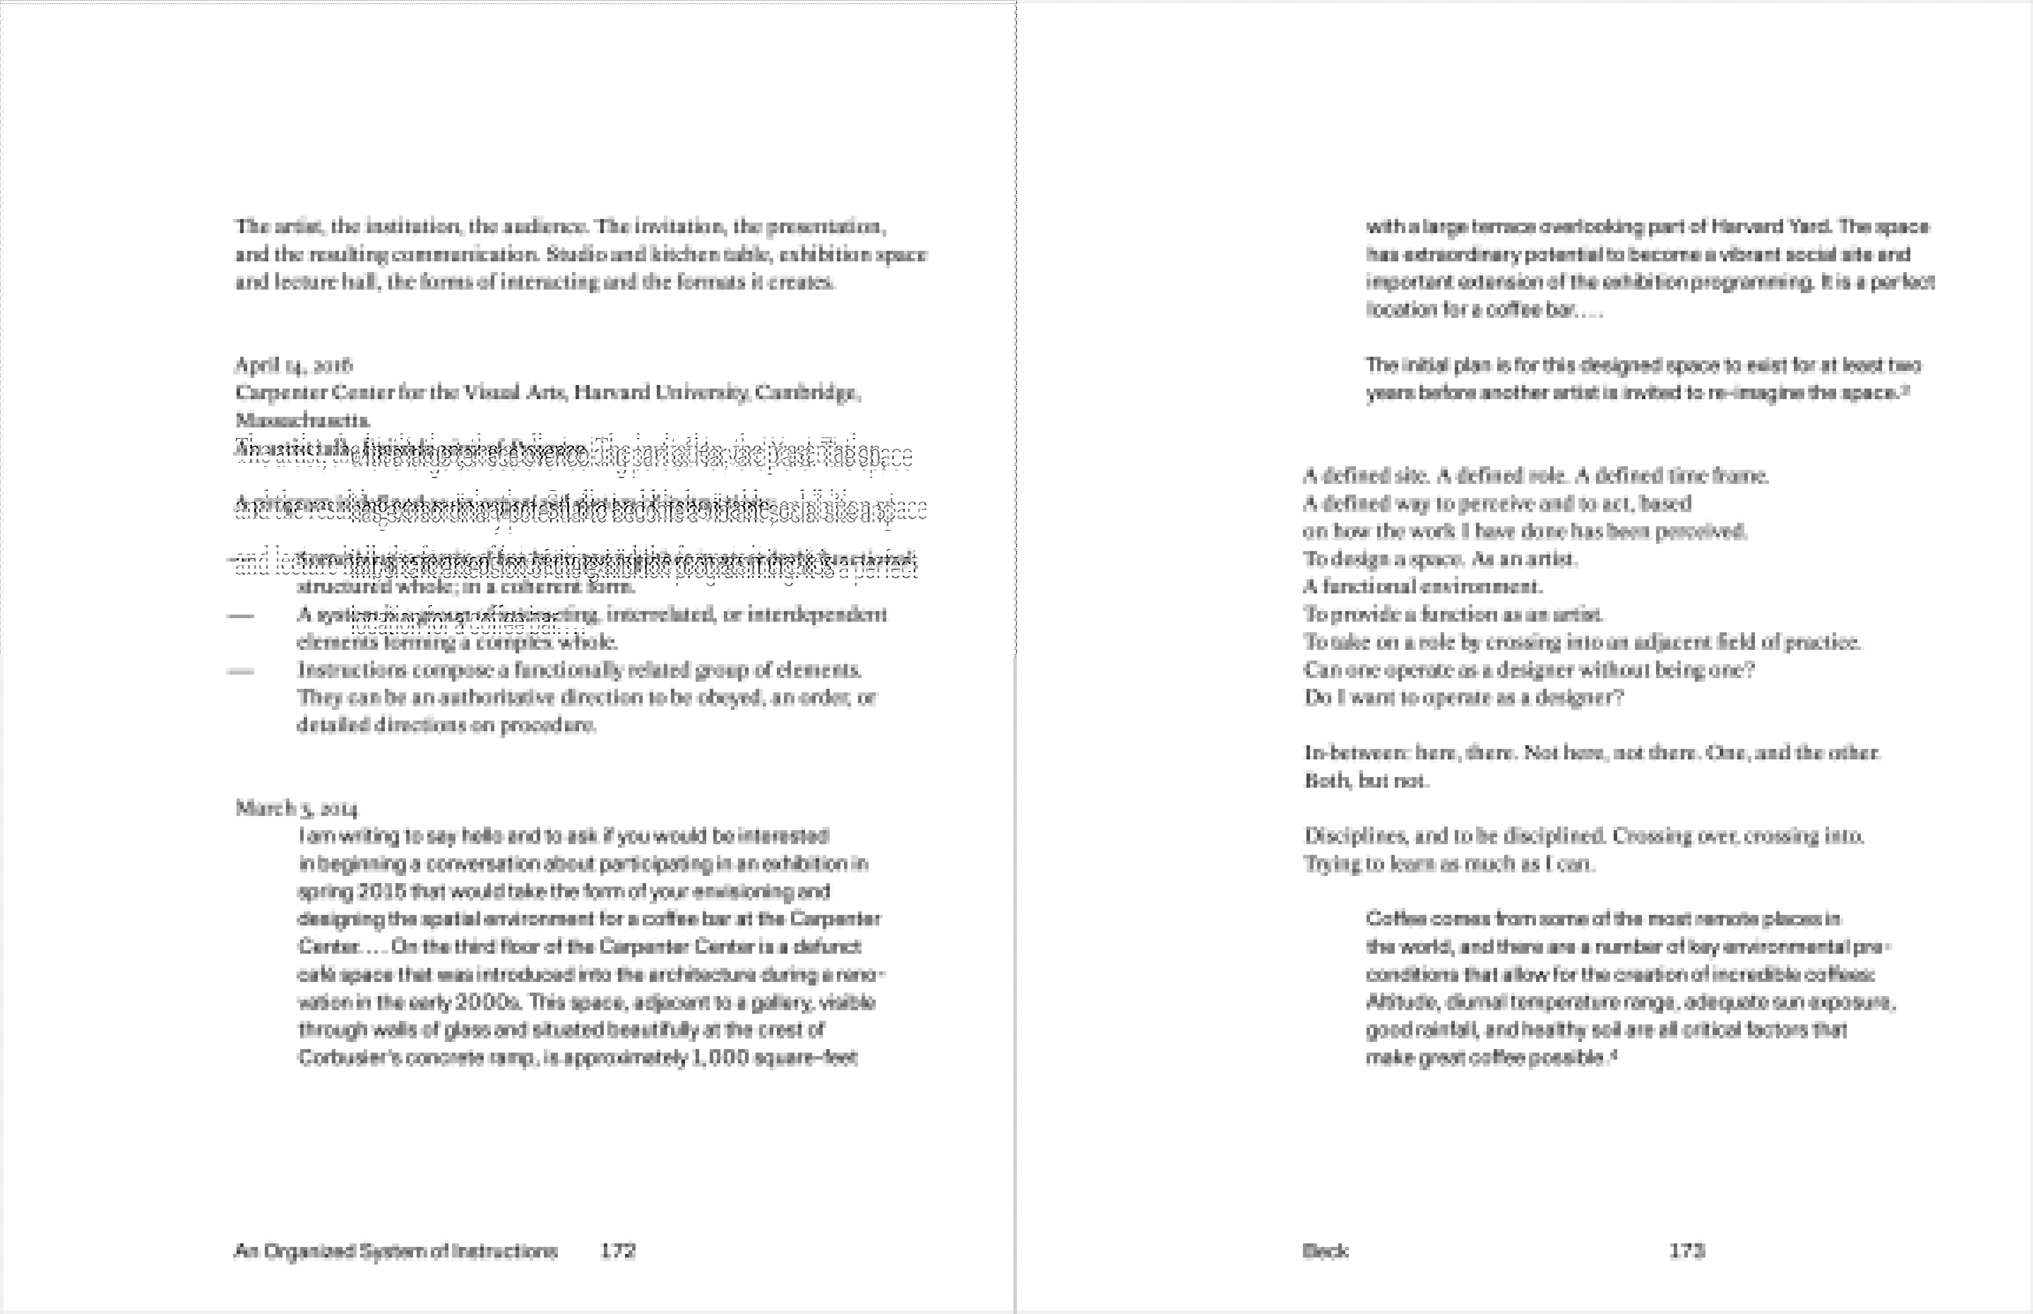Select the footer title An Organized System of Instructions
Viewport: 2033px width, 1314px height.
click(395, 1251)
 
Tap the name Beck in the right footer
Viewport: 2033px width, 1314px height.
click(1325, 1251)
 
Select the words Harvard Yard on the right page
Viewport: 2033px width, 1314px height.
click(1770, 226)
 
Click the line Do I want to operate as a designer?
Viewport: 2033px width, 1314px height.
click(1463, 697)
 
